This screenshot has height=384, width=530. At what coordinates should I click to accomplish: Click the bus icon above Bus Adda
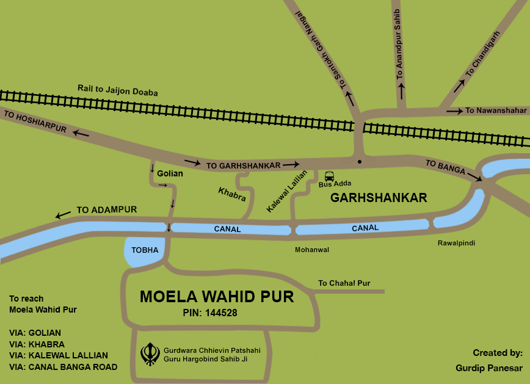pyautogui.click(x=330, y=175)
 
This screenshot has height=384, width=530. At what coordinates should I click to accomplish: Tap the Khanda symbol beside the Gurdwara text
pyautogui.click(x=150, y=354)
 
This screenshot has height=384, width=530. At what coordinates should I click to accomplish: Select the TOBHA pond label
pyautogui.click(x=145, y=250)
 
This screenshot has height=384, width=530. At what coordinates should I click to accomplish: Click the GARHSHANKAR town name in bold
pyautogui.click(x=378, y=198)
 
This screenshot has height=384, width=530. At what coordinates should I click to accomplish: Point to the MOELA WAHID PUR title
pyautogui.click(x=217, y=297)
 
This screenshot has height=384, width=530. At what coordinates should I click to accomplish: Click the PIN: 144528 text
pyautogui.click(x=209, y=313)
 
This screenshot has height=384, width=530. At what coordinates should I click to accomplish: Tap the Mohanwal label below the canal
pyautogui.click(x=312, y=250)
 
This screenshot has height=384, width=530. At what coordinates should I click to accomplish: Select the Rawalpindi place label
pyautogui.click(x=456, y=243)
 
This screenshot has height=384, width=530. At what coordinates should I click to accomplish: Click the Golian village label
pyautogui.click(x=170, y=173)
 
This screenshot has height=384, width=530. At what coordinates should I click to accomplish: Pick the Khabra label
pyautogui.click(x=232, y=194)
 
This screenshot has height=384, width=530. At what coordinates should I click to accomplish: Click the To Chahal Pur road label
pyautogui.click(x=344, y=283)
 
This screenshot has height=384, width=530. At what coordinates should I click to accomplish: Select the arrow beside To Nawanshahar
pyautogui.click(x=454, y=111)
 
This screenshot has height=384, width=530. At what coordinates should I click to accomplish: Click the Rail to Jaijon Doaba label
pyautogui.click(x=117, y=90)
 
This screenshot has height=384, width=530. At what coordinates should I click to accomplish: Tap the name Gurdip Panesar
pyautogui.click(x=488, y=368)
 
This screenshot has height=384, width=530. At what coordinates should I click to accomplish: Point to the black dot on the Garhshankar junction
pyautogui.click(x=360, y=162)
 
